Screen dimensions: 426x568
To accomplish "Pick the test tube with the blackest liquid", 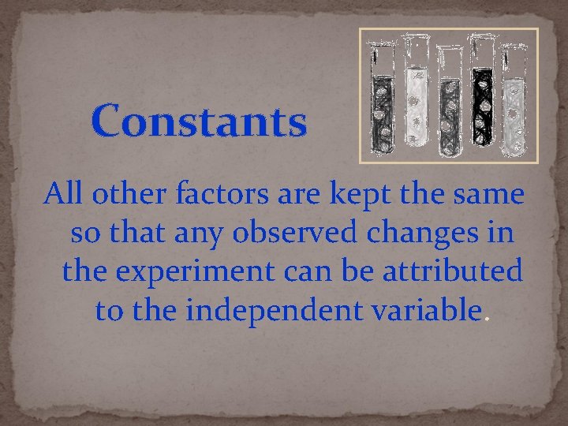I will point(480,95).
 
